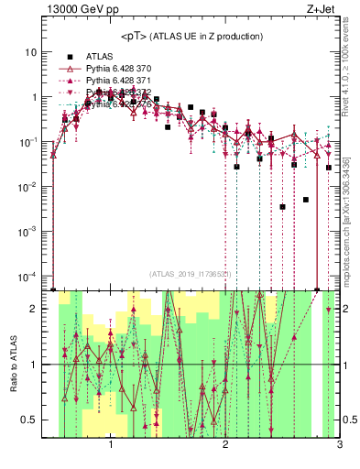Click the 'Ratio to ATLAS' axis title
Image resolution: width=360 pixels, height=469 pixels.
[x=13, y=365]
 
